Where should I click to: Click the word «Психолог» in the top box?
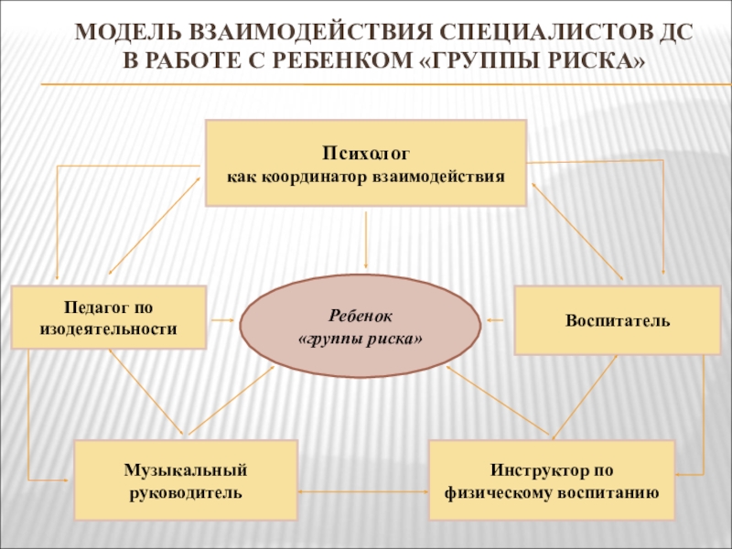[365, 150]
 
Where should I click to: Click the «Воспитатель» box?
[618, 321]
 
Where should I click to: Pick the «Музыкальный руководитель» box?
[186, 480]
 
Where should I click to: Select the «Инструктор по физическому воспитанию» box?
[552, 480]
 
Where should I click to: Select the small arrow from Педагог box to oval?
[223, 320]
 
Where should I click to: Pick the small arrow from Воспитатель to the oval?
[497, 320]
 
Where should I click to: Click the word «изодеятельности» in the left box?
[109, 328]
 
